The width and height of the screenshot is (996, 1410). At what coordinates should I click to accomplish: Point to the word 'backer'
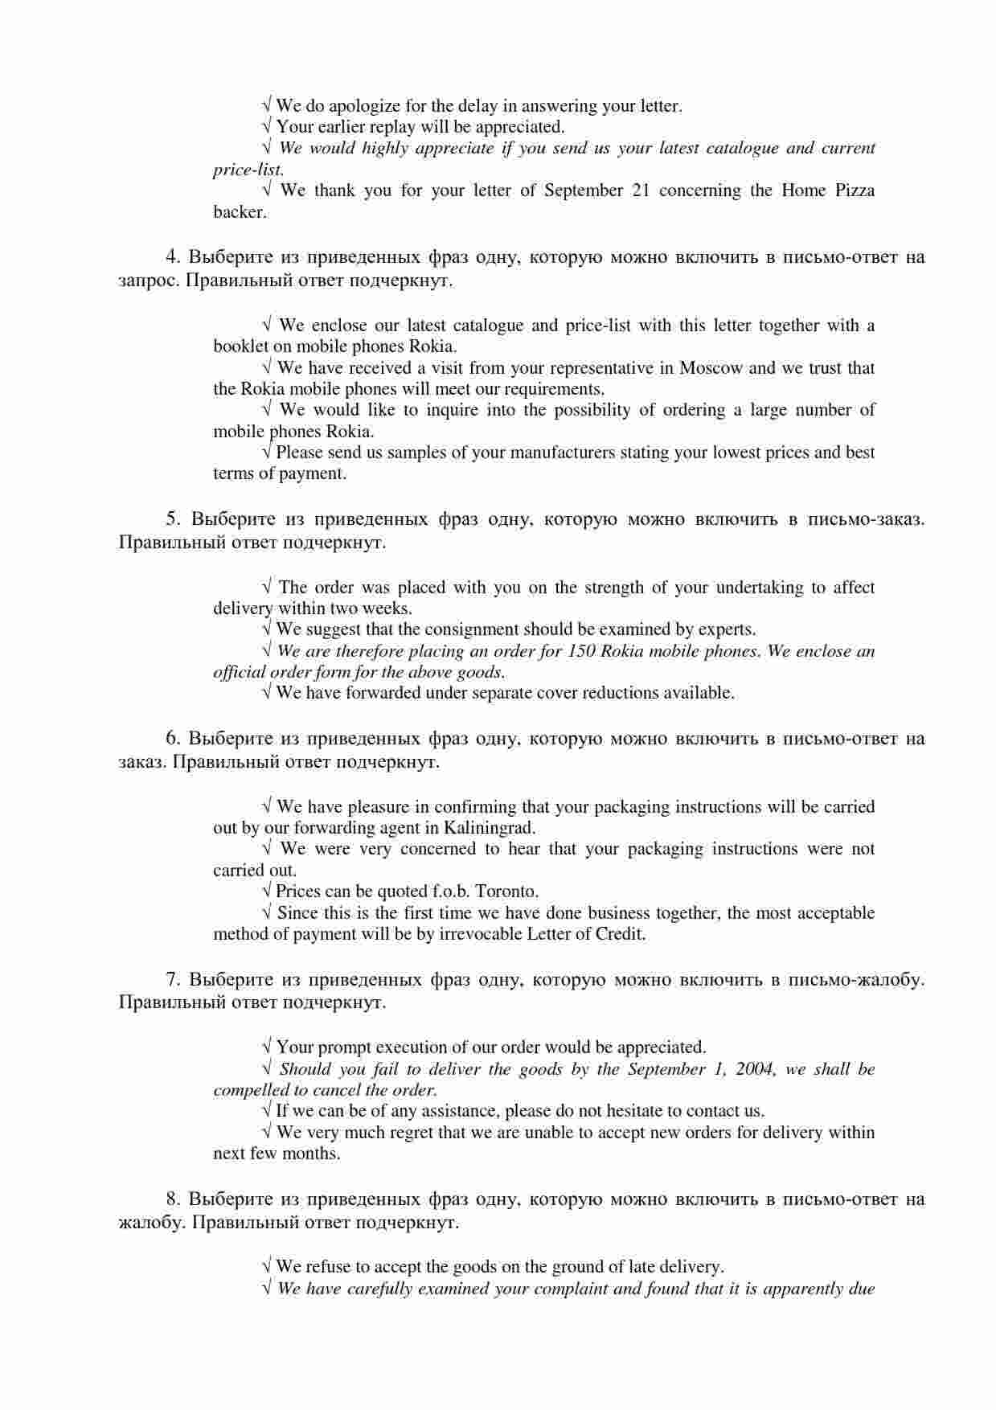pyautogui.click(x=238, y=212)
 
